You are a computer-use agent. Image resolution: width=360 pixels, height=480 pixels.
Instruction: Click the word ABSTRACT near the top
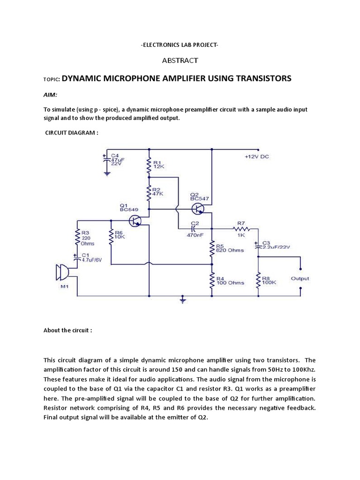[x=180, y=60]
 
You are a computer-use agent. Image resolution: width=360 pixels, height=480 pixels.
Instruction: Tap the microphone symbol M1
[x=61, y=273]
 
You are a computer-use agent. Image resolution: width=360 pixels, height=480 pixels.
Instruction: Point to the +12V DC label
[x=256, y=157]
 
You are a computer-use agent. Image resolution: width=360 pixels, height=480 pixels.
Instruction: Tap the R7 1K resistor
[x=241, y=229]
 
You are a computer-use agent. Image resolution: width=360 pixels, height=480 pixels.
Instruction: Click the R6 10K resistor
[x=111, y=237]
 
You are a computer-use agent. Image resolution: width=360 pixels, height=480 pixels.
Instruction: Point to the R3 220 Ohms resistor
[x=77, y=237]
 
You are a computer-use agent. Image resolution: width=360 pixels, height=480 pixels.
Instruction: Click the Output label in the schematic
[x=300, y=278]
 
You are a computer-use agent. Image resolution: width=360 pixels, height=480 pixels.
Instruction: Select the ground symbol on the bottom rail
[x=183, y=299]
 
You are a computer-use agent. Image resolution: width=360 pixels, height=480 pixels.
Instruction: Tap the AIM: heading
[x=50, y=95]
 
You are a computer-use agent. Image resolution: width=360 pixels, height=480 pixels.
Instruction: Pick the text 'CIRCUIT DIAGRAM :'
[x=72, y=133]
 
